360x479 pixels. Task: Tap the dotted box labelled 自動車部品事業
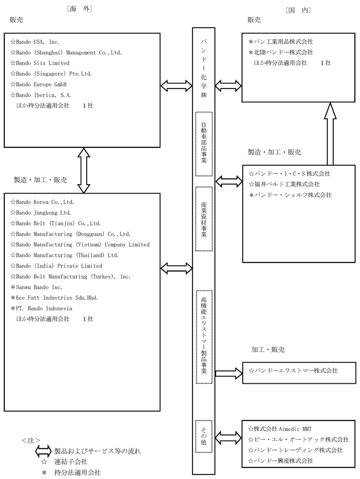pyautogui.click(x=204, y=144)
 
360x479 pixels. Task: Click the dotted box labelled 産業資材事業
pyautogui.click(x=204, y=219)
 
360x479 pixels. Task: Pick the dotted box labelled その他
pyautogui.click(x=204, y=436)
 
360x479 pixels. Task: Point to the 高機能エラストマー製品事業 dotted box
pyautogui.click(x=204, y=337)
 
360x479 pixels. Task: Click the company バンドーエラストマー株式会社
pyautogui.click(x=293, y=371)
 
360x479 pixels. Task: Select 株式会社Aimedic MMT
pyautogui.click(x=280, y=429)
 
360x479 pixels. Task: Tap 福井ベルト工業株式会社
pyautogui.click(x=284, y=184)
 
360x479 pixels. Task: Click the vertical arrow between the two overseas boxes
pyautogui.click(x=83, y=170)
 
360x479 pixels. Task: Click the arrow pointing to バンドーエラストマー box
pyautogui.click(x=229, y=373)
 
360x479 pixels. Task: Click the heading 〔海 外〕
pyautogui.click(x=79, y=9)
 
